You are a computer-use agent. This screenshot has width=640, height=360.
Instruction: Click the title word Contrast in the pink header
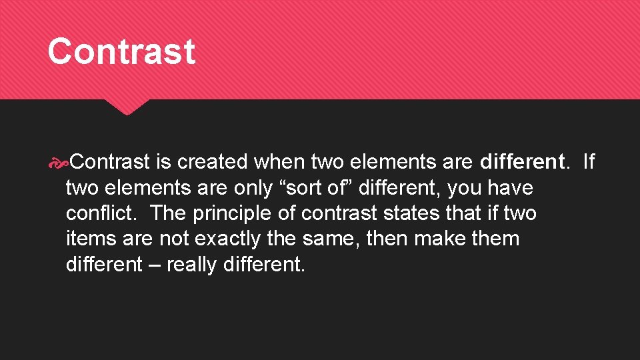pos(121,51)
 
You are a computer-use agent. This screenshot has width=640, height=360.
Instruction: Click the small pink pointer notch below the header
pos(127,107)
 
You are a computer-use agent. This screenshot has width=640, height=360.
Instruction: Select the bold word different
pos(522,162)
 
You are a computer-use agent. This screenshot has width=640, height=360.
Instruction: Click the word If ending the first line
pos(589,162)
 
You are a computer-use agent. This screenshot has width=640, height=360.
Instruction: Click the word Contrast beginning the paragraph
pos(111,162)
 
